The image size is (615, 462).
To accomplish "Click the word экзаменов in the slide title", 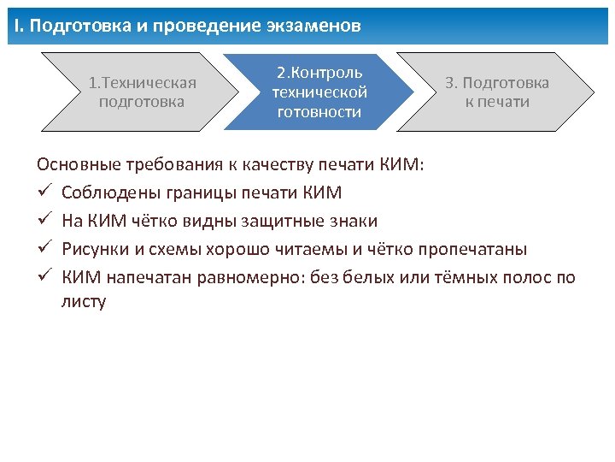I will (x=318, y=26).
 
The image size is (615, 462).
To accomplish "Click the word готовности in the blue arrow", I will (x=319, y=112).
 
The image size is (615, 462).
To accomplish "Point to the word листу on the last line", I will (x=84, y=301).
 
